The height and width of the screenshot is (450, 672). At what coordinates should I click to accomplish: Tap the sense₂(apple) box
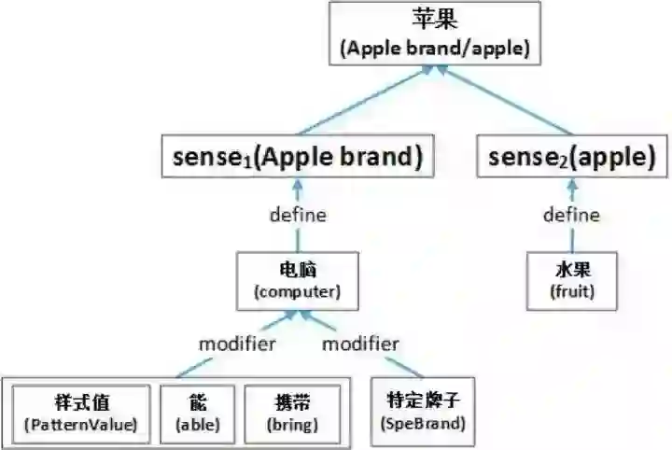(x=571, y=158)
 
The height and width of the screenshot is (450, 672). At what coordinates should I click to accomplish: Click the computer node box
(x=298, y=281)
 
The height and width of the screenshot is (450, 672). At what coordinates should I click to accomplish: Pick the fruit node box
(x=571, y=281)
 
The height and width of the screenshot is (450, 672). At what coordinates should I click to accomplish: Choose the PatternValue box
(x=81, y=413)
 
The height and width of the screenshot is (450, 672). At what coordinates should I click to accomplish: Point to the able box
(x=197, y=413)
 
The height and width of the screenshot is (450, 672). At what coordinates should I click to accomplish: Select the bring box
(x=291, y=413)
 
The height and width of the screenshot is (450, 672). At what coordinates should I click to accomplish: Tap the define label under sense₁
(x=298, y=215)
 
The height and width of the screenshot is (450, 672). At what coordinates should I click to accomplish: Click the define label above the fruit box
(x=571, y=215)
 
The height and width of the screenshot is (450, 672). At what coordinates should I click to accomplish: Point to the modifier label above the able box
(x=237, y=344)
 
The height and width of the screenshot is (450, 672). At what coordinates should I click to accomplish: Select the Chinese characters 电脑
(x=298, y=270)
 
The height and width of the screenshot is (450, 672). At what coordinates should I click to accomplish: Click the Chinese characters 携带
(x=291, y=402)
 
